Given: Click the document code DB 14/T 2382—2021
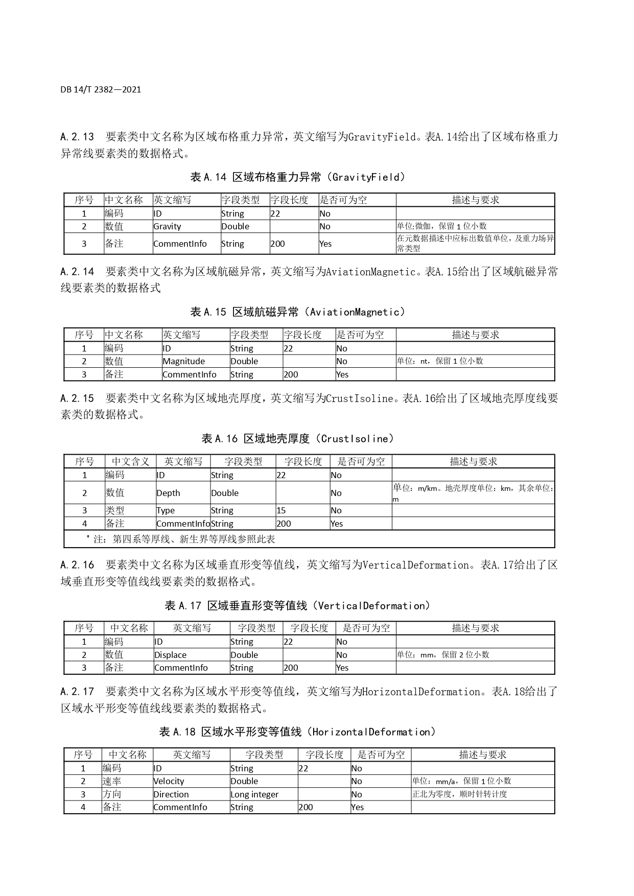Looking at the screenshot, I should [x=101, y=89].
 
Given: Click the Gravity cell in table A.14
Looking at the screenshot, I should [x=168, y=226].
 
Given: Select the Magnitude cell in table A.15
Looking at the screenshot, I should [x=184, y=361].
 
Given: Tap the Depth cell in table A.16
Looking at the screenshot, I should [x=169, y=493].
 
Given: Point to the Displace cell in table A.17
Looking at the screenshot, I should [x=171, y=655].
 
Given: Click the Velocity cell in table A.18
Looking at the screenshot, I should [x=169, y=781].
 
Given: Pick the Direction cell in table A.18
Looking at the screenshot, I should [x=171, y=794].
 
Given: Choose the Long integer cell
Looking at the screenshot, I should [x=254, y=794].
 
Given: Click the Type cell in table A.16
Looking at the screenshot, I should [x=166, y=510].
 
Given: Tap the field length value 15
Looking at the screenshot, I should [x=281, y=510].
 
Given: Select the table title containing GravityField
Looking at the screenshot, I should [x=298, y=177].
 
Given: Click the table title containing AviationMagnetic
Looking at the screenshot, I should [x=298, y=312].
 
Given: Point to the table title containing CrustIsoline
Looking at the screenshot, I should [x=298, y=439].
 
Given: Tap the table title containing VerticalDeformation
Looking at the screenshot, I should [x=298, y=606].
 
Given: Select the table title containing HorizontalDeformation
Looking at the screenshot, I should [x=298, y=732].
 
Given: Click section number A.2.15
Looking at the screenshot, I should [x=77, y=398].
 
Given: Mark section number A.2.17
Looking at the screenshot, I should [x=77, y=692].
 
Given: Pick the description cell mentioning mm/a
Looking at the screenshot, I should [x=461, y=781].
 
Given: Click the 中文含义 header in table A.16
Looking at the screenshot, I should [x=131, y=461].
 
